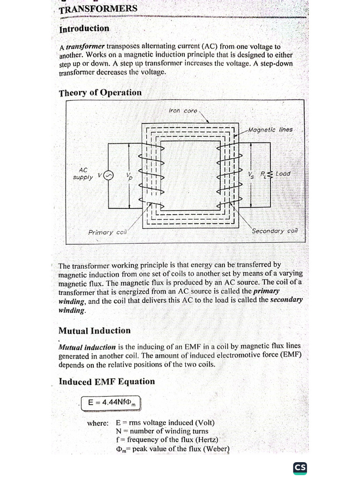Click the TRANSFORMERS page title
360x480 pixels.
click(98, 9)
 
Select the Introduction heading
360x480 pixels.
click(84, 29)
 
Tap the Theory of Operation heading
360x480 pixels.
click(100, 92)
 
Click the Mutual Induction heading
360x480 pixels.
click(95, 330)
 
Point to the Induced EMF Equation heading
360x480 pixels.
click(106, 382)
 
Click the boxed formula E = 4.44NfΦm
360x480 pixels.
click(110, 403)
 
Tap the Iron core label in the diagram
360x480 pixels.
click(183, 111)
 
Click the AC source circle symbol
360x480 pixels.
click(108, 176)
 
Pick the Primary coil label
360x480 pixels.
click(108, 232)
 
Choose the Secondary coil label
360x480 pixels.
click(275, 231)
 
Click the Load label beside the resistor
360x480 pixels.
click(283, 173)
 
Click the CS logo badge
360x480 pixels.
click(300, 467)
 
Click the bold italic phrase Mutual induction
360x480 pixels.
click(87, 347)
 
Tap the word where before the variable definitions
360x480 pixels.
click(97, 423)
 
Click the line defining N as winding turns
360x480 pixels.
click(162, 431)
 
